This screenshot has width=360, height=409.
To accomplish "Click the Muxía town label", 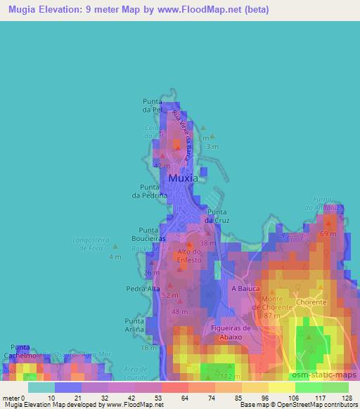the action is tap(183, 178).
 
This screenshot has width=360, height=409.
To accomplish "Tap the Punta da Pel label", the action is tap(153, 105).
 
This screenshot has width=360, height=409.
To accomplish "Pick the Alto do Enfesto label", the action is tap(190, 256).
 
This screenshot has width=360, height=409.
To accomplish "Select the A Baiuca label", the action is tap(245, 289).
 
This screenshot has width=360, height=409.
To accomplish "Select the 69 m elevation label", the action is tap(328, 233).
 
